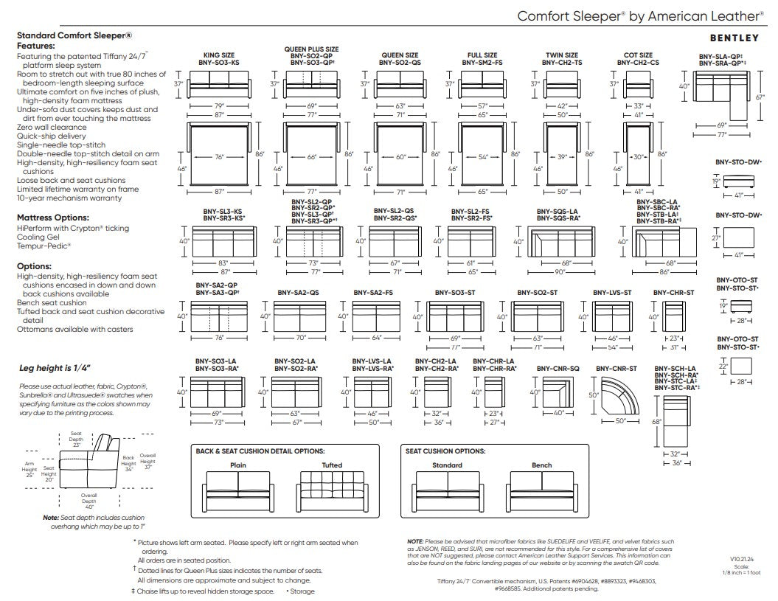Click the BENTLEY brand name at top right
click(734, 38)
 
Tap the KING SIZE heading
click(219, 55)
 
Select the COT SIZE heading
click(638, 55)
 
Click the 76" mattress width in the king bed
click(219, 157)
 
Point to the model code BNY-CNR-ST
click(617, 369)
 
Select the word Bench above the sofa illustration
click(542, 465)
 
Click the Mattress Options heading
click(53, 218)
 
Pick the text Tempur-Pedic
click(44, 246)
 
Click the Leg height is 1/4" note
click(55, 368)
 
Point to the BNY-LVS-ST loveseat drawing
click(612, 316)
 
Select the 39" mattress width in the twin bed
click(562, 157)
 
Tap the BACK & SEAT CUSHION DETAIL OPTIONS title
click(260, 451)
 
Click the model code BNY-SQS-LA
click(558, 212)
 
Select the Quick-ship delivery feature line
click(51, 136)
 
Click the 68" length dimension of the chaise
click(656, 422)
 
